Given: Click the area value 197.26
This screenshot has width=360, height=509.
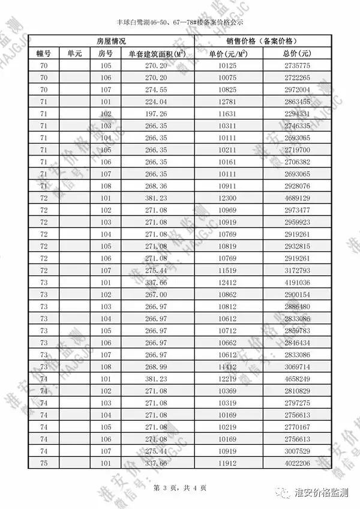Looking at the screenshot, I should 156,114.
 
